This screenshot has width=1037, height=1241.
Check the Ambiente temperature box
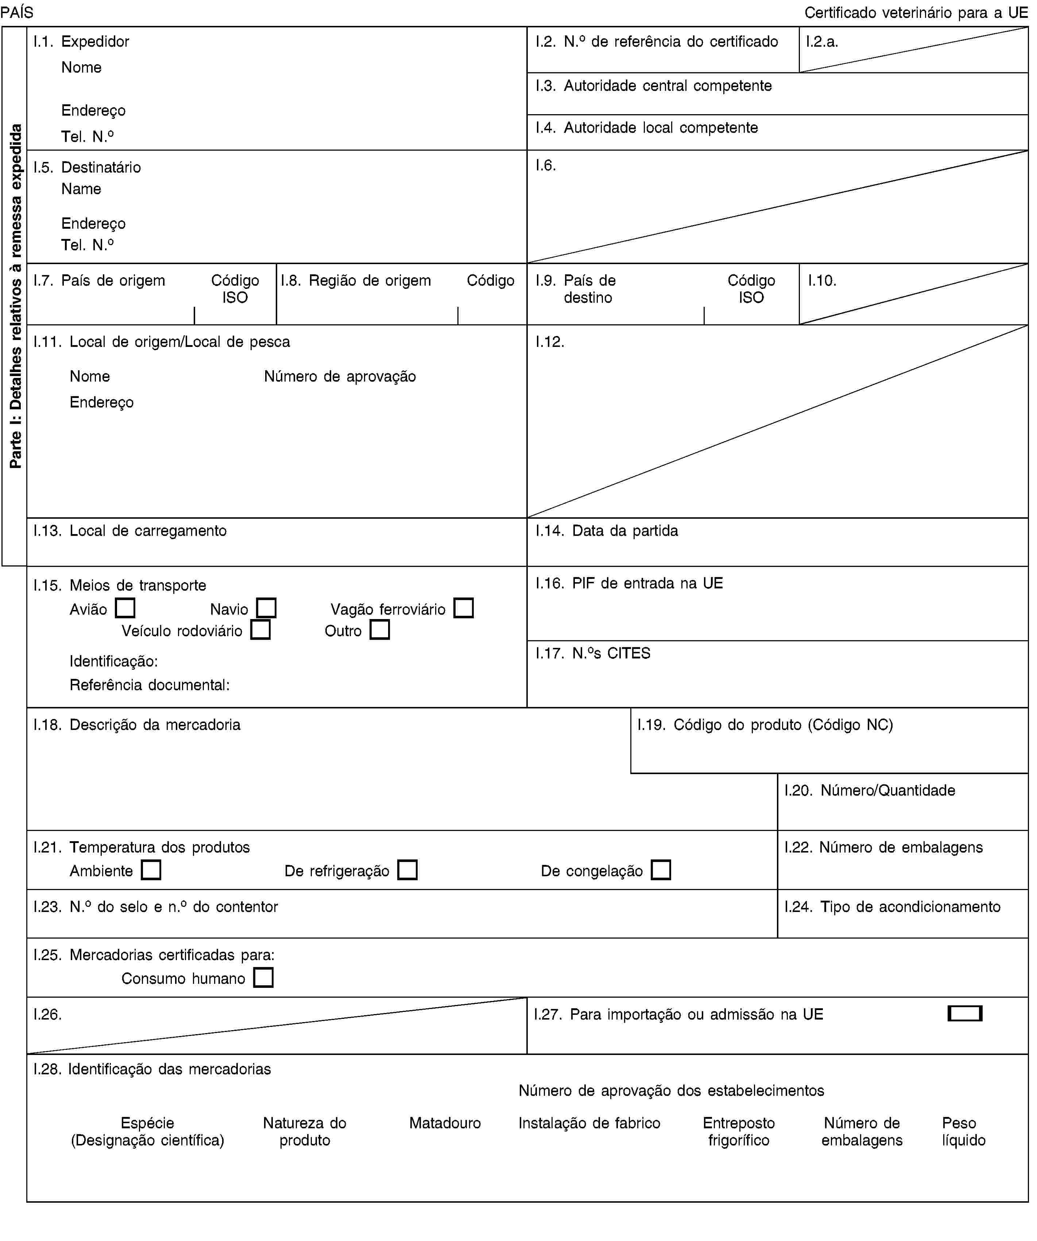(151, 870)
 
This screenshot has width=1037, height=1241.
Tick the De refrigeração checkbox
(408, 870)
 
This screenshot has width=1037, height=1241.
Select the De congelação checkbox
(661, 870)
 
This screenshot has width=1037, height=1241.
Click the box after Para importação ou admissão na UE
(964, 1013)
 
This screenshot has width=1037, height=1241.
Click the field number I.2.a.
(822, 41)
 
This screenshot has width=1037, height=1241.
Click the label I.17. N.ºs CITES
(593, 653)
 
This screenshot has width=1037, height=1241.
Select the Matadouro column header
(445, 1123)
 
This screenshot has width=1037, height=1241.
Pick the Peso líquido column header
(963, 1131)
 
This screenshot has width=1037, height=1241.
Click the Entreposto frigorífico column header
(739, 1131)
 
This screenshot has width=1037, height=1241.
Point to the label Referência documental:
(150, 685)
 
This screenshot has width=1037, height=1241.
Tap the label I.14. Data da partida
(607, 531)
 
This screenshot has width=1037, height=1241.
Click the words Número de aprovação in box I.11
(340, 376)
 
